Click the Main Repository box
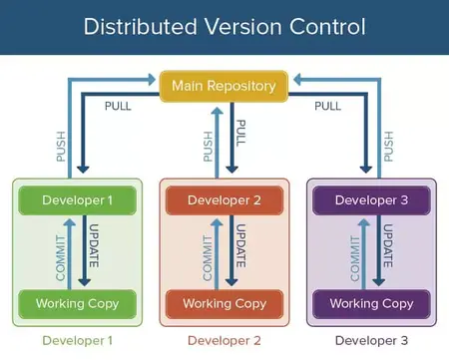click(224, 86)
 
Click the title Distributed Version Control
click(224, 26)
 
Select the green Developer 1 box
click(77, 199)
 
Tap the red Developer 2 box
click(224, 199)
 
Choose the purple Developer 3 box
click(370, 199)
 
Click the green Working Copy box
click(77, 303)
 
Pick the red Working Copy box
click(224, 303)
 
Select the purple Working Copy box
click(370, 303)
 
